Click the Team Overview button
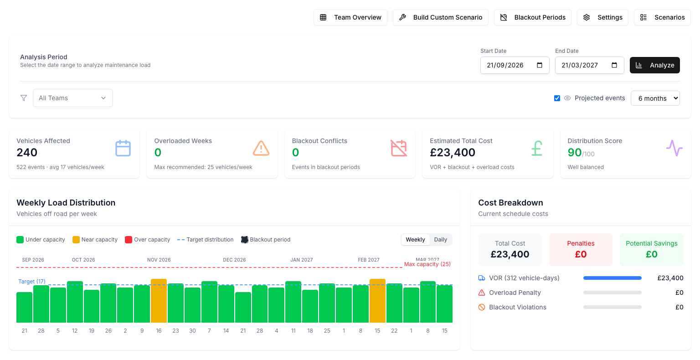point(350,17)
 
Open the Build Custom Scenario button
point(441,17)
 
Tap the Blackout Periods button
point(532,17)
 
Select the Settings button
point(602,17)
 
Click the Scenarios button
point(662,17)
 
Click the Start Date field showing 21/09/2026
point(515,65)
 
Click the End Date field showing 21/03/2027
point(589,65)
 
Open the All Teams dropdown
point(73,98)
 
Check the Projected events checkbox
point(557,98)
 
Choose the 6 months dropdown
point(655,98)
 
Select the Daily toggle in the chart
point(441,240)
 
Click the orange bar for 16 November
point(159,301)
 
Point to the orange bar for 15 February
point(377,301)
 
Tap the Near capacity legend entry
point(95,240)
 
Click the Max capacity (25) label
point(427,264)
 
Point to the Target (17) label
point(32,282)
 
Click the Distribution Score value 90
point(574,153)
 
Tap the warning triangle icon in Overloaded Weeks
point(261,148)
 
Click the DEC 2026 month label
point(234,260)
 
